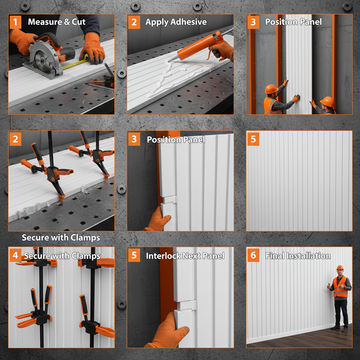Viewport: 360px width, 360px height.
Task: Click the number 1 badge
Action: [15, 22]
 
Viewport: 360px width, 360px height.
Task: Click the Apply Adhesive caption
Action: [176, 22]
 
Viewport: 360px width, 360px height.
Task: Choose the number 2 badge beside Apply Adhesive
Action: [134, 22]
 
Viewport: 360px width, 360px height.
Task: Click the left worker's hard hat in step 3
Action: [271, 89]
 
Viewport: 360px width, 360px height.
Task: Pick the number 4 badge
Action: [15, 255]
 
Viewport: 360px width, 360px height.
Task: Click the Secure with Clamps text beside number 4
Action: [62, 256]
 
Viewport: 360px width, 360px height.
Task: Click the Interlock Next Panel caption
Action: [185, 256]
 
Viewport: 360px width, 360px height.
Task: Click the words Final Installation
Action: [297, 256]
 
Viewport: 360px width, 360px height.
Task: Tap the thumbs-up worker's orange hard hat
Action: [340, 268]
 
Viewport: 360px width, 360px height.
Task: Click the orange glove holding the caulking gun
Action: [223, 49]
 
